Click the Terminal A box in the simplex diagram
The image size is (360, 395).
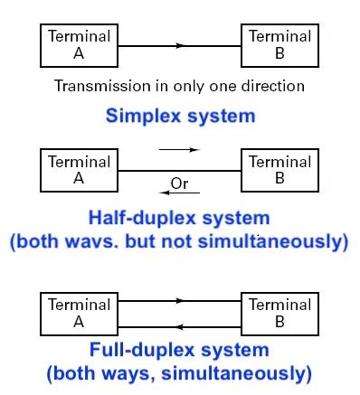click(79, 45)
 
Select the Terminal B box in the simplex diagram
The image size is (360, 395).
click(279, 45)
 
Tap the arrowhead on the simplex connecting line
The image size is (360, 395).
click(180, 46)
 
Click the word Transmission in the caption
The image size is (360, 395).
click(102, 86)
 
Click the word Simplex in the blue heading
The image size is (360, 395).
click(143, 116)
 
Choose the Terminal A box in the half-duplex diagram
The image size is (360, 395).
click(79, 170)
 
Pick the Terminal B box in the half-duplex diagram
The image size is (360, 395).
click(279, 170)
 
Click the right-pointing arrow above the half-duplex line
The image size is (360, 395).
click(179, 149)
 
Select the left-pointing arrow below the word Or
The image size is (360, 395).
click(180, 193)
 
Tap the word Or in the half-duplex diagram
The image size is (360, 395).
click(179, 183)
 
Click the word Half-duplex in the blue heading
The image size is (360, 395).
click(142, 218)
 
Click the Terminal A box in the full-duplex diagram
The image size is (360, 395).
click(79, 314)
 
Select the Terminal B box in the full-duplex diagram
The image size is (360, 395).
click(279, 314)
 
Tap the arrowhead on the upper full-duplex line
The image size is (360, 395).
click(180, 301)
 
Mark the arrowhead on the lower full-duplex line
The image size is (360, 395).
click(179, 327)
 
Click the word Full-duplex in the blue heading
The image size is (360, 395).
click(142, 350)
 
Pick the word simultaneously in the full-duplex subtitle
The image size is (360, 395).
click(236, 374)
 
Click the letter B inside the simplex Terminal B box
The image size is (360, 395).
click(279, 53)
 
